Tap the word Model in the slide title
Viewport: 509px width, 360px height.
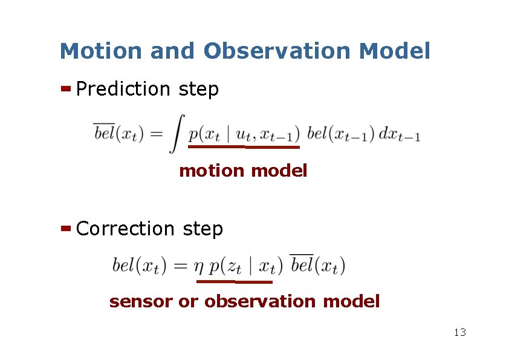pyautogui.click(x=394, y=51)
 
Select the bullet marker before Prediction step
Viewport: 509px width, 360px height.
pyautogui.click(x=66, y=89)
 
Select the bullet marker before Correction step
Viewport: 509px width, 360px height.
pyautogui.click(x=66, y=229)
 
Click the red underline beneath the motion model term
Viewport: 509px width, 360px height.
pyautogui.click(x=244, y=146)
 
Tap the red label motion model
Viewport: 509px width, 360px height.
pyautogui.click(x=243, y=171)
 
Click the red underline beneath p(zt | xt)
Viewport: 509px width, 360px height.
pyautogui.click(x=235, y=281)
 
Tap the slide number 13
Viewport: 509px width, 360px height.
pyautogui.click(x=459, y=332)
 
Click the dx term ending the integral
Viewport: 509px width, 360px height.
pyautogui.click(x=399, y=134)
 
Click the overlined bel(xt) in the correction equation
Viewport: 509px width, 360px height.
pyautogui.click(x=317, y=265)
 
